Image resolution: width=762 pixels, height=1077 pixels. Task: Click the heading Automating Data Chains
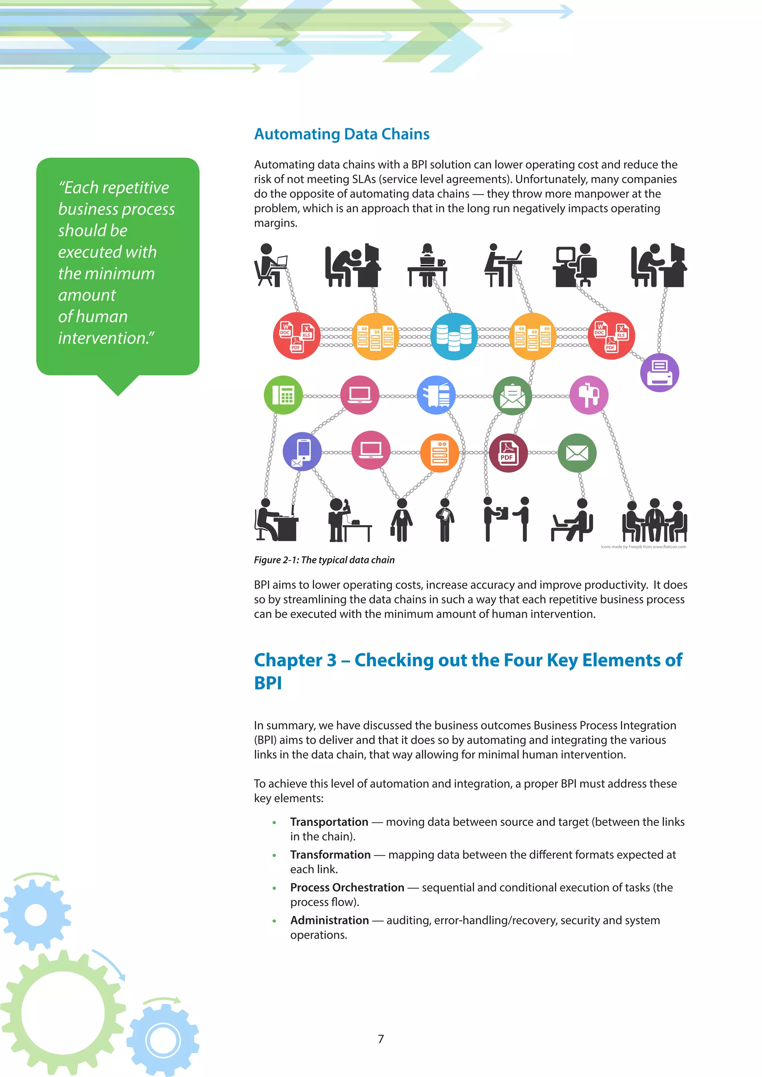point(342,134)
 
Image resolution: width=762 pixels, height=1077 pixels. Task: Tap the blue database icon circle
point(454,336)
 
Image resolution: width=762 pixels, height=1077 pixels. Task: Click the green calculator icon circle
point(284,395)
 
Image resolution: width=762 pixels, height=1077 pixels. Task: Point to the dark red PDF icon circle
point(508,453)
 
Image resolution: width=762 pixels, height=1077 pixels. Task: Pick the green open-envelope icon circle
point(512,395)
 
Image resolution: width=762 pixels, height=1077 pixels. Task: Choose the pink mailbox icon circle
point(589,395)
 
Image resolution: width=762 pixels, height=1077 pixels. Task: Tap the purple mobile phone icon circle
point(302,451)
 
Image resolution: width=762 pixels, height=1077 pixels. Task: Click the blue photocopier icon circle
point(436,395)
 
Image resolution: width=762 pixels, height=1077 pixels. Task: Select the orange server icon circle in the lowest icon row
point(440,453)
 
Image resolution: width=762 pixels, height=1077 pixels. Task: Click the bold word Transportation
point(329,822)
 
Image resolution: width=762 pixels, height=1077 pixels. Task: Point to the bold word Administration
point(329,920)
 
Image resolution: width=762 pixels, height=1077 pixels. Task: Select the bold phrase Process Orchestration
point(347,887)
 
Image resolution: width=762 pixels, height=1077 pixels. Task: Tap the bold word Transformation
point(330,855)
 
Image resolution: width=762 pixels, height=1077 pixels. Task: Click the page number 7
point(381,1039)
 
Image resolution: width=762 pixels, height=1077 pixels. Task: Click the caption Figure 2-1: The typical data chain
point(324,560)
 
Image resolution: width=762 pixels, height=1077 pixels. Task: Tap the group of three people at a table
point(654,520)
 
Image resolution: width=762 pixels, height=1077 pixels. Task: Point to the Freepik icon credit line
point(643,546)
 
